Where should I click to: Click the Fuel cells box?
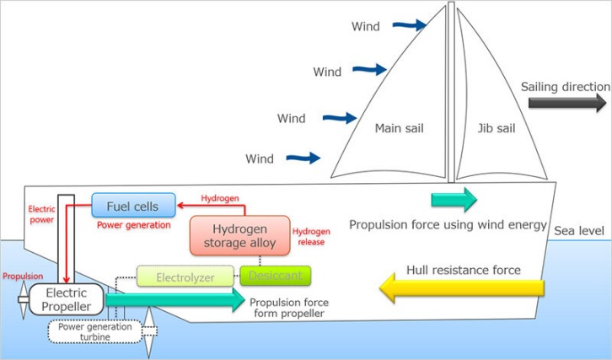(x=133, y=206)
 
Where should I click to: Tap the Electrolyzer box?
(x=185, y=276)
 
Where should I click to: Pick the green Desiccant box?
(x=276, y=275)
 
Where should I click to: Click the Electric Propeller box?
(x=66, y=299)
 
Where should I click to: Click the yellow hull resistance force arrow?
(x=461, y=288)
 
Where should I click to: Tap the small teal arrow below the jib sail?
(x=454, y=200)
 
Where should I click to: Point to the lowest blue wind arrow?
(x=303, y=157)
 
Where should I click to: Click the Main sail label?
(x=399, y=129)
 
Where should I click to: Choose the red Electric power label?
(x=41, y=213)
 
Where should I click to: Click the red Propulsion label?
(x=22, y=276)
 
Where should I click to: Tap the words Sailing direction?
(x=565, y=87)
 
